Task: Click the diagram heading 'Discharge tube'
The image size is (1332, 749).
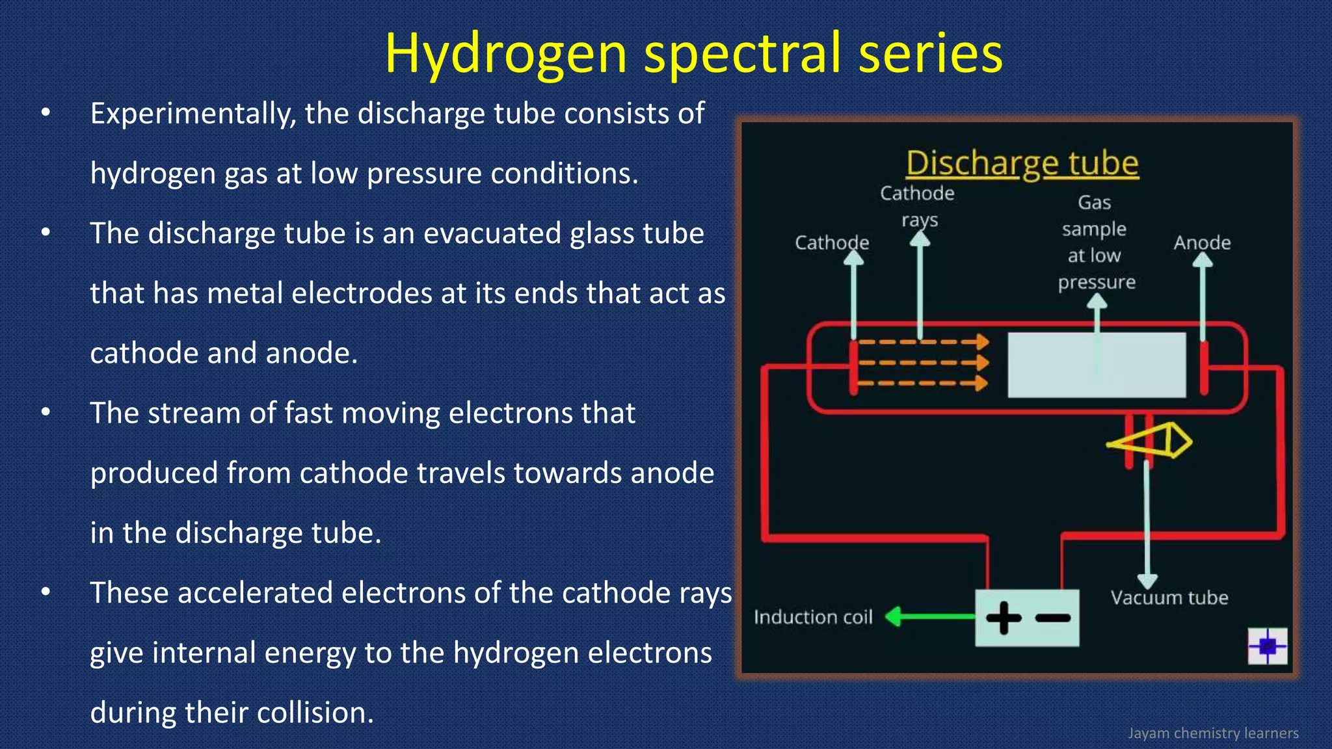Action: (x=1022, y=163)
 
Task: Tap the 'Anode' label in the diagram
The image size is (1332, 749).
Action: (x=1202, y=243)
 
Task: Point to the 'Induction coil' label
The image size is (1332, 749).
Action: (x=812, y=617)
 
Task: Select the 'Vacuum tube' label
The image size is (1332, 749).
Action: (x=1169, y=598)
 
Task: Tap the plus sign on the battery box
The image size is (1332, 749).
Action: (x=1004, y=618)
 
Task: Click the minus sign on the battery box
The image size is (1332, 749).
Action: (x=1052, y=618)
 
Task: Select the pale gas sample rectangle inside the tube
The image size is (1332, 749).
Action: (x=1096, y=365)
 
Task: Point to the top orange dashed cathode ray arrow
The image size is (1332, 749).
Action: (x=924, y=341)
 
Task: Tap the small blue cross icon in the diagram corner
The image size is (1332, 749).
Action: (x=1267, y=646)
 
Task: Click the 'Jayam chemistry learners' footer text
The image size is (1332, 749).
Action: (x=1212, y=733)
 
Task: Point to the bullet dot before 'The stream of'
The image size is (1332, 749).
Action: (x=46, y=413)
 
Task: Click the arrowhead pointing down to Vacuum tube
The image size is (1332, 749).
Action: (x=1147, y=580)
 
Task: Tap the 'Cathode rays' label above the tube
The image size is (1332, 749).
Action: (x=917, y=205)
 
